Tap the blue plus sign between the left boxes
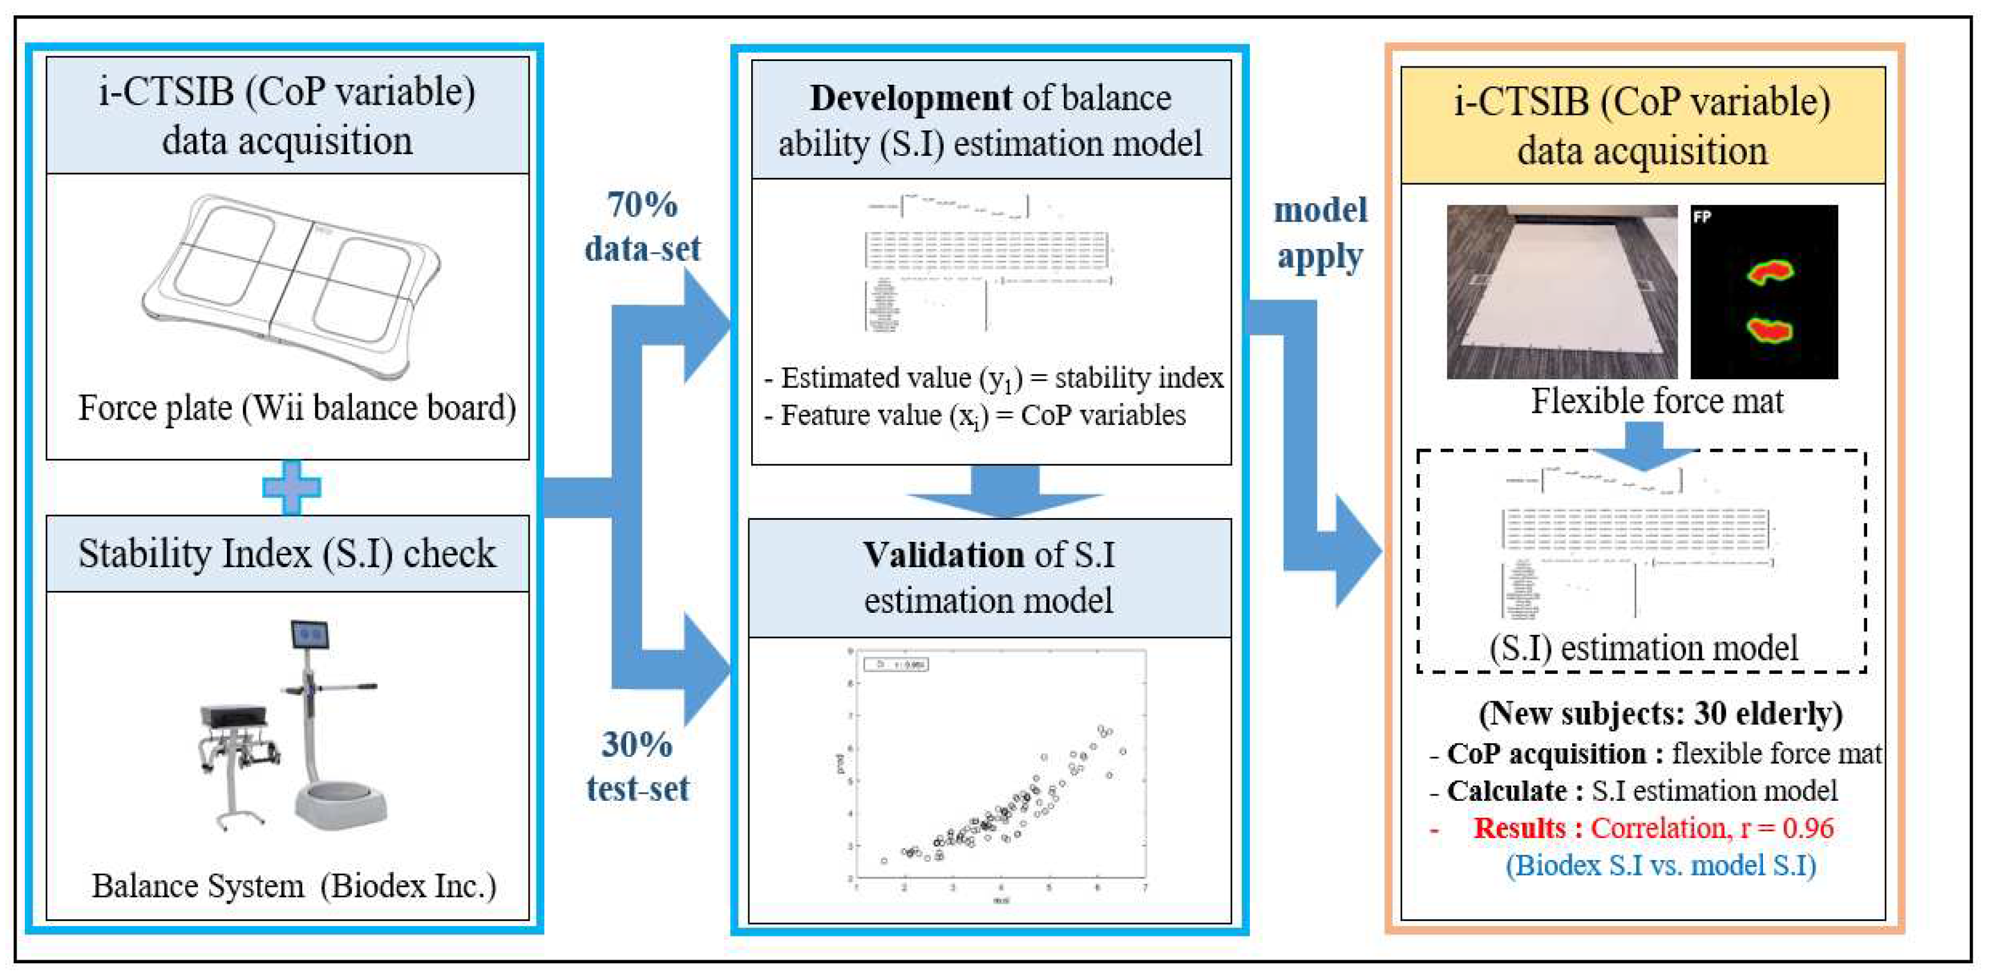[x=291, y=488]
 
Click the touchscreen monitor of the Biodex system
[x=310, y=635]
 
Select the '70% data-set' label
[x=642, y=226]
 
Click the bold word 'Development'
[x=910, y=99]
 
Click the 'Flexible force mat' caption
[x=1657, y=402]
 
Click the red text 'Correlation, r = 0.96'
[x=1711, y=828]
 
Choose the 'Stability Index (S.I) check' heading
[x=287, y=554]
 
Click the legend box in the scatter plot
[x=896, y=664]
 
